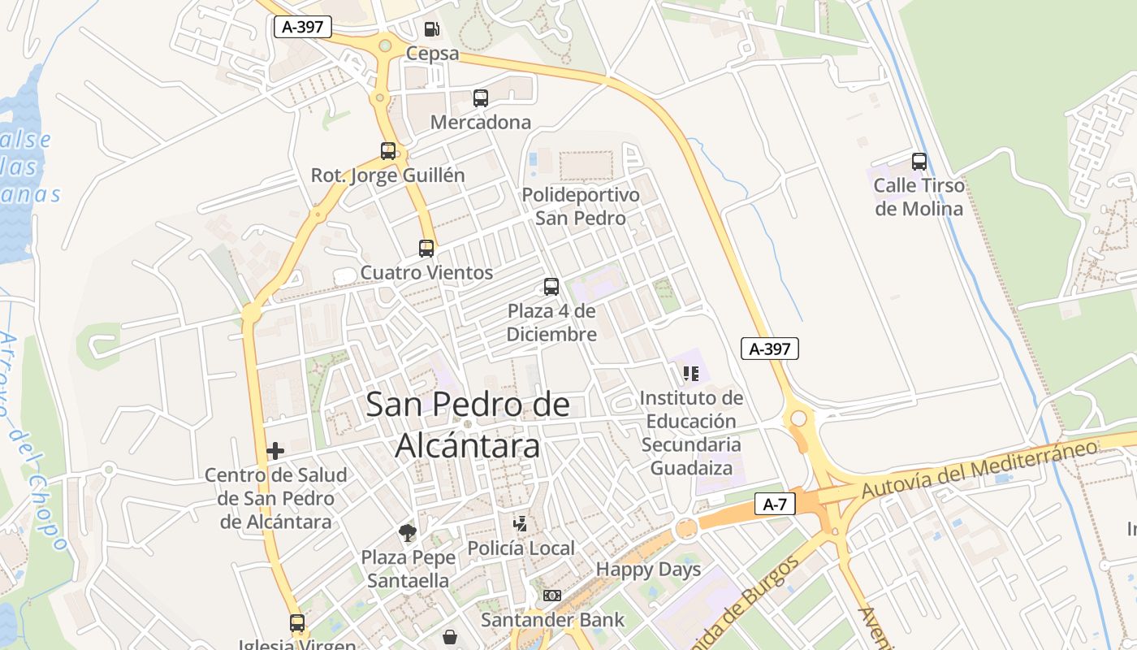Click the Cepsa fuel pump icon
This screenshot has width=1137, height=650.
[x=432, y=29]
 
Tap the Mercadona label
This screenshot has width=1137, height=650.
[x=480, y=123]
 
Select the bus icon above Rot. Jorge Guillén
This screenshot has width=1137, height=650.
[x=388, y=150]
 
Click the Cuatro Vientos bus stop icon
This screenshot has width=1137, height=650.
[x=426, y=248]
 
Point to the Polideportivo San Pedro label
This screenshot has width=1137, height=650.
[x=580, y=206]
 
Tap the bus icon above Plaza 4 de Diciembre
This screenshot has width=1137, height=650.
[x=551, y=286]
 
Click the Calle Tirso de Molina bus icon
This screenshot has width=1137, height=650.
[x=919, y=161]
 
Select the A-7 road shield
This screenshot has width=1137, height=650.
[x=775, y=504]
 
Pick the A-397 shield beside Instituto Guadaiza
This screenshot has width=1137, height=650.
[x=769, y=349]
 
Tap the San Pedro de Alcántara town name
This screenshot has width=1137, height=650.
[x=468, y=425]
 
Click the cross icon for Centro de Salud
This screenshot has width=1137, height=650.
[x=275, y=450]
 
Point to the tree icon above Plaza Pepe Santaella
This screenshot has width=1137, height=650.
[x=408, y=533]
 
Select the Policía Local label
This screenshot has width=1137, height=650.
[x=521, y=548]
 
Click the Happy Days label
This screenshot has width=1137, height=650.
[x=648, y=570]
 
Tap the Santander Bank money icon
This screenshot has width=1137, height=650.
[x=552, y=596]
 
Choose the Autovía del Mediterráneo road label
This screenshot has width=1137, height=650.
[x=979, y=469]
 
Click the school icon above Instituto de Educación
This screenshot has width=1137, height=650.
[x=690, y=373]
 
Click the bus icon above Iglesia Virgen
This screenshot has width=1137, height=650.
[x=297, y=623]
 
